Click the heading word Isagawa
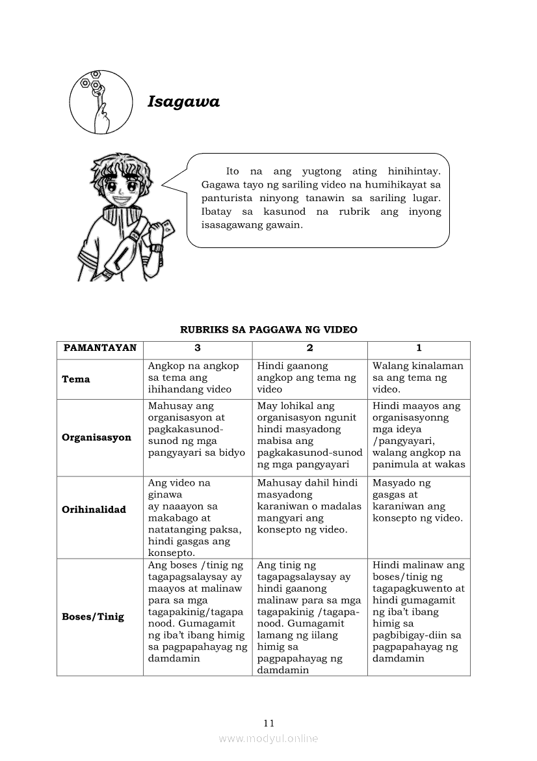(x=183, y=102)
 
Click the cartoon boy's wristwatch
(x=156, y=247)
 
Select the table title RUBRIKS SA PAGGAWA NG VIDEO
(x=268, y=330)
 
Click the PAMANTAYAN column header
(x=100, y=348)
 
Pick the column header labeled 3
(x=198, y=348)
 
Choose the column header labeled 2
(x=310, y=348)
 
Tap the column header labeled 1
(x=419, y=348)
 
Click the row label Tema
(x=76, y=379)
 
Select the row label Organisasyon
(x=96, y=437)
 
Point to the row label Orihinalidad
(x=94, y=509)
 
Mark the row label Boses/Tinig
(x=93, y=616)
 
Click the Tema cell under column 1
(x=418, y=378)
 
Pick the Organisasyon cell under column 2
(x=309, y=435)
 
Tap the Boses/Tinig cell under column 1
(x=419, y=612)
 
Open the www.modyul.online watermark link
(x=268, y=738)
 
